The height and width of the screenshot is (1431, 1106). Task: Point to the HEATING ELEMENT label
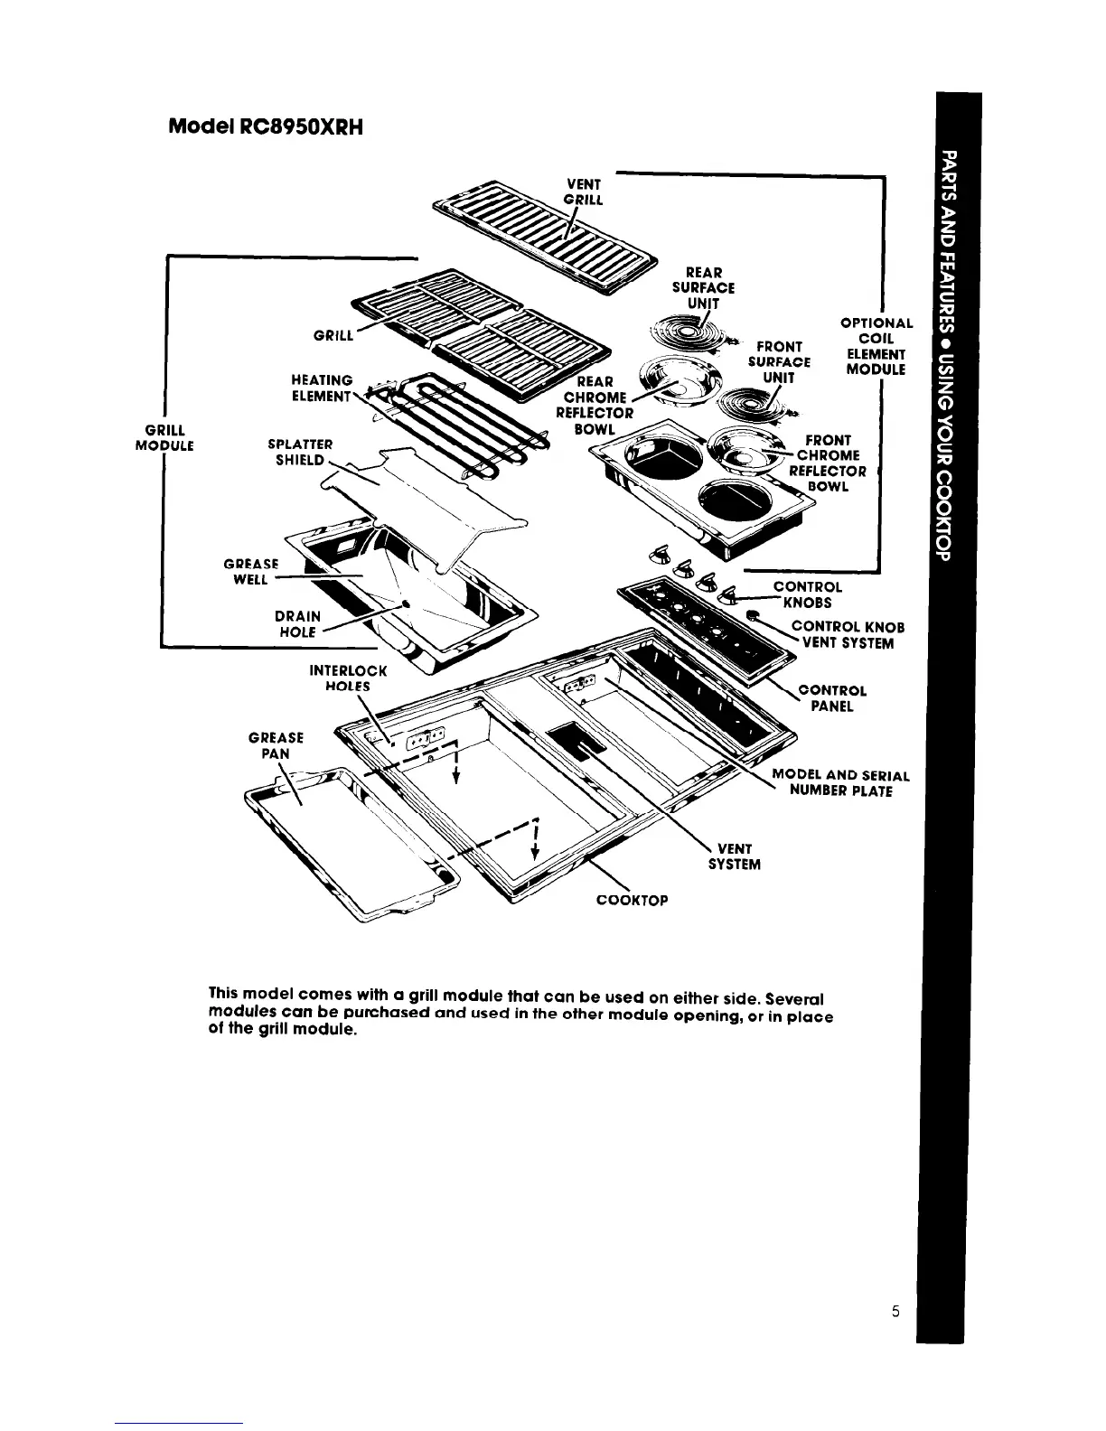[x=322, y=388]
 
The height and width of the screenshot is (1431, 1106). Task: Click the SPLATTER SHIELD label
[x=302, y=452]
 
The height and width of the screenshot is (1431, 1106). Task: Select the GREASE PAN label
[x=276, y=745]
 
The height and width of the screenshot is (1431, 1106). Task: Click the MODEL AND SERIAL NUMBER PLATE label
[x=839, y=783]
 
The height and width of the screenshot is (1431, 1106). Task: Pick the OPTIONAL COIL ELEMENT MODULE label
[x=876, y=346]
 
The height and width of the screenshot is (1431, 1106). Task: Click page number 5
[x=894, y=1313]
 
